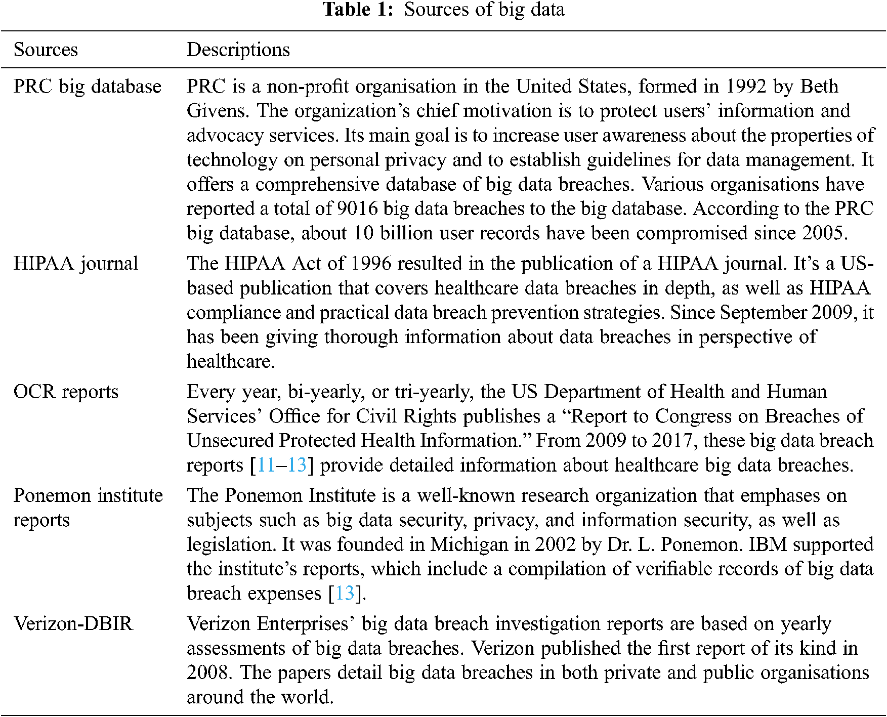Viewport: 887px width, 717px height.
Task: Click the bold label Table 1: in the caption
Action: [x=358, y=10]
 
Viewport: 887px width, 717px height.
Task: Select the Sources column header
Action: [x=46, y=50]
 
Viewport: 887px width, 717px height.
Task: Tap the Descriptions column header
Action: [x=238, y=50]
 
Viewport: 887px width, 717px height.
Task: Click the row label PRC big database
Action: [x=87, y=87]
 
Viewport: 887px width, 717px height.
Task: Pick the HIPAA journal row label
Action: [x=75, y=264]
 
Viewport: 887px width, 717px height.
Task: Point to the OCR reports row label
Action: [x=66, y=392]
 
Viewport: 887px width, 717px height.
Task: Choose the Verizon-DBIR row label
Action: [x=73, y=624]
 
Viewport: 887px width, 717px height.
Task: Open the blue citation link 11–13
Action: [x=282, y=465]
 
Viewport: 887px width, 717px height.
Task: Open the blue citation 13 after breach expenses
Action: [x=345, y=593]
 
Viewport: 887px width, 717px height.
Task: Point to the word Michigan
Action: [x=469, y=544]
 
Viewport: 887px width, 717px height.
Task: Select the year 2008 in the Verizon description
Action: [x=207, y=672]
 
